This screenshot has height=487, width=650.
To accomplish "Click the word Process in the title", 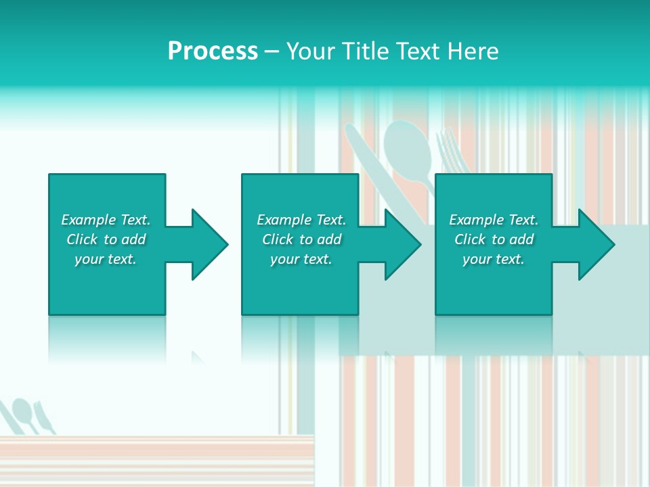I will tap(213, 51).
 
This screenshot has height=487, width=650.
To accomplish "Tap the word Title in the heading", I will tap(366, 51).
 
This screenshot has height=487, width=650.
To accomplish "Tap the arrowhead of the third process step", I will tap(595, 244).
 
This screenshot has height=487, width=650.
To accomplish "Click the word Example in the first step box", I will tap(89, 220).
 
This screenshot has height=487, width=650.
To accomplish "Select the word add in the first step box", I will tap(133, 239).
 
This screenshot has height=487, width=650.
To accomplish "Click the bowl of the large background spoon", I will tap(408, 145).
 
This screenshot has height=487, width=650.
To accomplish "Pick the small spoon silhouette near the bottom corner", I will tap(23, 410).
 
